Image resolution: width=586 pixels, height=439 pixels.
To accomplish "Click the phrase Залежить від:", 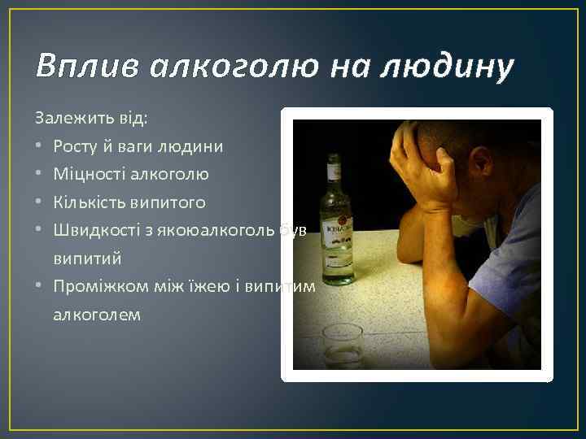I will (x=92, y=118).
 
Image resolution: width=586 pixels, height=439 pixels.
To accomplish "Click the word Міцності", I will (x=85, y=173).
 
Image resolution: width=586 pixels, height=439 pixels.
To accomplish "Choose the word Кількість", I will (x=86, y=201).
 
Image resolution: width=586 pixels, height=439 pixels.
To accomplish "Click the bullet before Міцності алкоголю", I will (x=40, y=174).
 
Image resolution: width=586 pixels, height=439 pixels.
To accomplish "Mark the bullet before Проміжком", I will (x=40, y=286).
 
